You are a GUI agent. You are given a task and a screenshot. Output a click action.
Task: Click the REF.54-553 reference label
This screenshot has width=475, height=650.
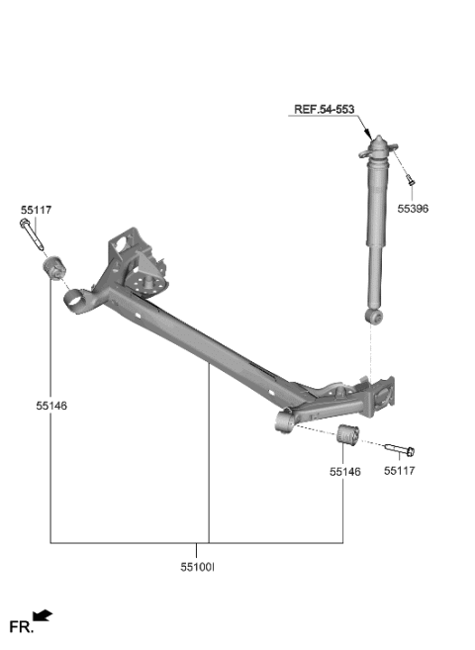tap(323, 110)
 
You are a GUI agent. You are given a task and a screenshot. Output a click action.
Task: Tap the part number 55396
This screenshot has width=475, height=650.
tap(415, 209)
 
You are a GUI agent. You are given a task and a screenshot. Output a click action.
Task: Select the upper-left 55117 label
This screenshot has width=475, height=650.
tap(35, 210)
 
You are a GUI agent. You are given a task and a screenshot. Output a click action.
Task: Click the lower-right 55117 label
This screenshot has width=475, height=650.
tap(400, 472)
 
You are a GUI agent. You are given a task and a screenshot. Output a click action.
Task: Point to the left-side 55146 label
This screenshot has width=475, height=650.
tap(50, 406)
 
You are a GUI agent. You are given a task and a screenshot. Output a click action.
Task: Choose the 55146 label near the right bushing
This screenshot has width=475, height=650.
tap(345, 472)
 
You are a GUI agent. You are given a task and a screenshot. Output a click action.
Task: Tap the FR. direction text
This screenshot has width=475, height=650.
tap(21, 626)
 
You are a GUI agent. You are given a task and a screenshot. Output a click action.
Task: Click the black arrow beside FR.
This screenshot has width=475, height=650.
tap(43, 617)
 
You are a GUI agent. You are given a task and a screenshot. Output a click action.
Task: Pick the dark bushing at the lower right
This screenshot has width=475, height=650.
tap(346, 435)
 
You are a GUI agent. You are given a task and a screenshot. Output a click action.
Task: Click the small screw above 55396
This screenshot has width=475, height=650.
tap(412, 182)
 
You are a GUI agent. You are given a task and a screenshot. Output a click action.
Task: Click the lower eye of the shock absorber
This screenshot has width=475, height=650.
tap(372, 316)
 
